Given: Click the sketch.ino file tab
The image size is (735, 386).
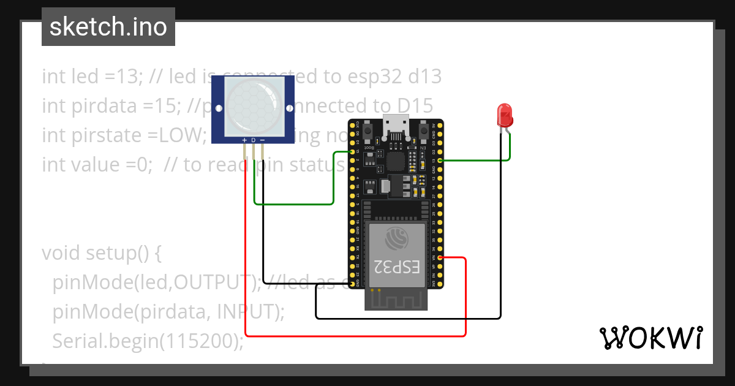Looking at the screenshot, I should tap(108, 27).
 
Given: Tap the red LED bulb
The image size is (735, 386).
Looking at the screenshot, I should tap(504, 115).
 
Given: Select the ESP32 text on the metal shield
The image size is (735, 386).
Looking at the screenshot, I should tap(396, 267).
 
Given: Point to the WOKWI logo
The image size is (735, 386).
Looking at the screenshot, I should tap(650, 338).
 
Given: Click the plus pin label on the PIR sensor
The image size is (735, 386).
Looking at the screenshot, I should tap(244, 140).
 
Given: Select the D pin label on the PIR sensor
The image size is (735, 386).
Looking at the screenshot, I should tap(253, 140).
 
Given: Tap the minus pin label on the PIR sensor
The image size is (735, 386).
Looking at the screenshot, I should tap(262, 140).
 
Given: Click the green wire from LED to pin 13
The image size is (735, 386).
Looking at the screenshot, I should tap(478, 161).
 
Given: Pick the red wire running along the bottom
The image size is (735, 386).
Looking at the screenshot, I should tap(355, 335).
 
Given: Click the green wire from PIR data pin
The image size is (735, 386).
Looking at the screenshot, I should tap(294, 203).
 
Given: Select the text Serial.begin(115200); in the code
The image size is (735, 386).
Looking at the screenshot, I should tap(148, 341).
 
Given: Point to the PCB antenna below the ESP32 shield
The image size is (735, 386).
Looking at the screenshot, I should tap(396, 299).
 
